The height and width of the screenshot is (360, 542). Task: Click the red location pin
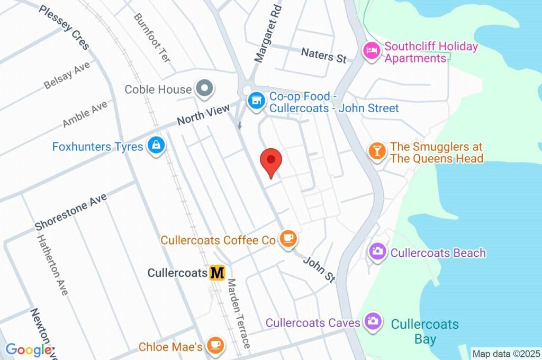pyautogui.click(x=272, y=161)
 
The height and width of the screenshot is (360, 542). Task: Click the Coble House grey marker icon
pyautogui.click(x=203, y=89)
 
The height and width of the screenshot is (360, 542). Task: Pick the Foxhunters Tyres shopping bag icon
pyautogui.click(x=156, y=147)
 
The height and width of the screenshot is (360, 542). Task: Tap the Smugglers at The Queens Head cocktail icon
pyautogui.click(x=376, y=152)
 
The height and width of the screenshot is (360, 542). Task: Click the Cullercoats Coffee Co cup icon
pyautogui.click(x=288, y=240)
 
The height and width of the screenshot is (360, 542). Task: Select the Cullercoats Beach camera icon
pyautogui.click(x=377, y=252)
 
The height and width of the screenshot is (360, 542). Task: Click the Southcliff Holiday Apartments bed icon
pyautogui.click(x=371, y=51)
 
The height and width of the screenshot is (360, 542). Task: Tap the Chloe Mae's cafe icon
pyautogui.click(x=215, y=347)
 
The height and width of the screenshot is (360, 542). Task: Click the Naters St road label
pyautogui.click(x=324, y=55)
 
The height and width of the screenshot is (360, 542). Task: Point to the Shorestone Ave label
pyautogui.click(x=71, y=211)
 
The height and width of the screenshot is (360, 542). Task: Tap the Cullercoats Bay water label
pyautogui.click(x=425, y=331)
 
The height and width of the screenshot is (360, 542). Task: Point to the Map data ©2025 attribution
pyautogui.click(x=507, y=354)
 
